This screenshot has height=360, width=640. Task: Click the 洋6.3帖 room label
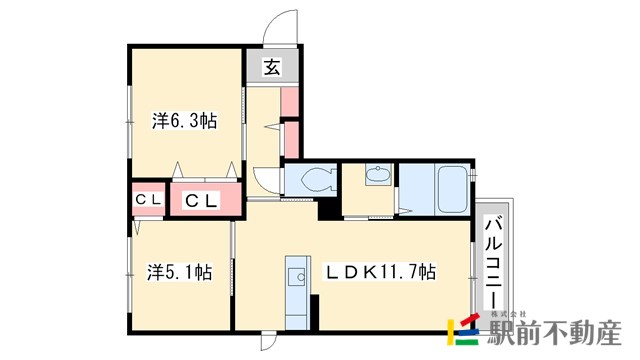184,121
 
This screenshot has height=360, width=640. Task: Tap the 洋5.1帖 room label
180,272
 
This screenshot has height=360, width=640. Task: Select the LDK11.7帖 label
380,271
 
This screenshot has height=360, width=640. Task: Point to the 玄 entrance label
272,67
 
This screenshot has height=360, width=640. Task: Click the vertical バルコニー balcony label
493,262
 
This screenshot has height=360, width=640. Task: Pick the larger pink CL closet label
200,200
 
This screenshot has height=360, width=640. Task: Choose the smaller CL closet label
149,200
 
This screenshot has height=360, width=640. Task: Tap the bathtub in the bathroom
452,189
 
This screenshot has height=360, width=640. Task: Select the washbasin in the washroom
378,174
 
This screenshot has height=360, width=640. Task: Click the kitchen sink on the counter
297,277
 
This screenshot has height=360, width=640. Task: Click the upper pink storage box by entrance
289,102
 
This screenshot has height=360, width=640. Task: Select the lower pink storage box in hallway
291,140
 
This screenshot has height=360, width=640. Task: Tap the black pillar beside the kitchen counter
314,312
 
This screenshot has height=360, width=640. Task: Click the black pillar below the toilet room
329,209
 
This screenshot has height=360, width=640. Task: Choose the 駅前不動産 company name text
555,333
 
